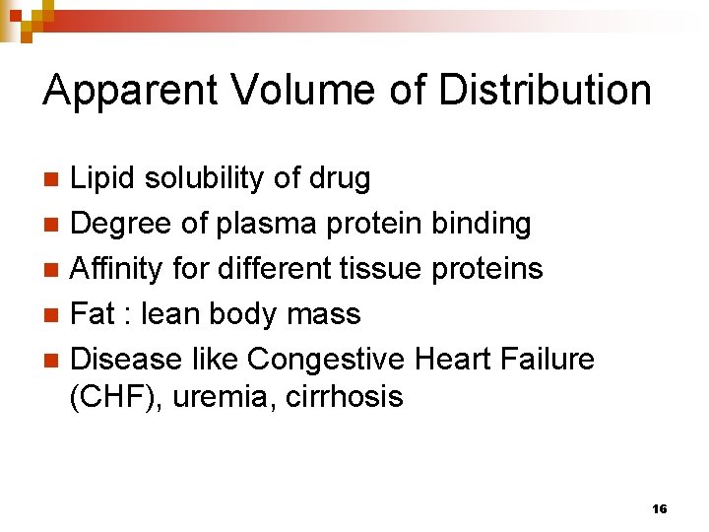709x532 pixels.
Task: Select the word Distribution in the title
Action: (545, 91)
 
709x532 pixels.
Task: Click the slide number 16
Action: (660, 508)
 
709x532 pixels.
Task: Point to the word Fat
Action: (95, 314)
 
